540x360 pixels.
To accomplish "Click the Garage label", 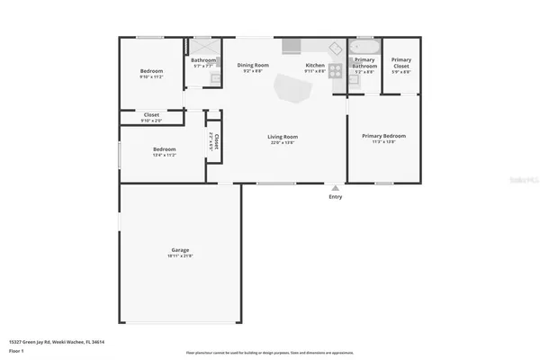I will pos(180,249).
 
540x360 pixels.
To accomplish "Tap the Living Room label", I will pos(282,136).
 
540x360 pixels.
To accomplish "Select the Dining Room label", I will pos(253,65).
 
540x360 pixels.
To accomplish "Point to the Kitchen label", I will pos(314,65).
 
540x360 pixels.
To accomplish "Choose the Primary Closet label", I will pos(400,62).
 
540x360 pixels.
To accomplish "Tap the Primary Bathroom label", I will pos(364,62).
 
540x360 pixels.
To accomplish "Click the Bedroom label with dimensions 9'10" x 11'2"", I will pos(151,71).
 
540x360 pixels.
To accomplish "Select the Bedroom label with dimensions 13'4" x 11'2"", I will pos(164,149).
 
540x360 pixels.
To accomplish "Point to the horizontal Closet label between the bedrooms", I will pos(151,114).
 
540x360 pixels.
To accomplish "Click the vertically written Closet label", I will pos(217,139).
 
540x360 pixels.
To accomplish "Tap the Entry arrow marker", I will pos(336,187).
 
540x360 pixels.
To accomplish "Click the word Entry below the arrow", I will pos(336,196).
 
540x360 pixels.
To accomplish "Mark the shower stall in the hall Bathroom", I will pos(203,48).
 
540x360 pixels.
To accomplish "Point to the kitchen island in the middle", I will pos(292,87).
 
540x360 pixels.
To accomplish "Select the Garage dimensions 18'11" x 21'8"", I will pos(180,256).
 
